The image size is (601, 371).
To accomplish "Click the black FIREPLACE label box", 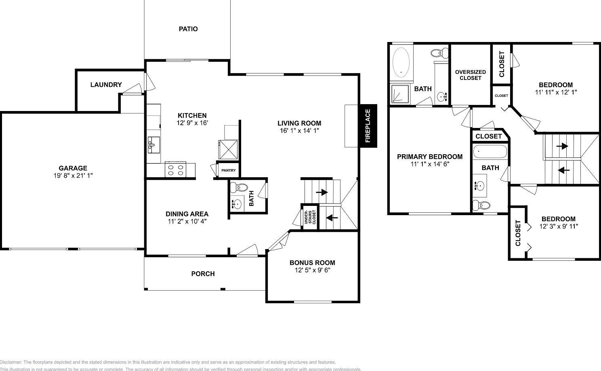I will click(x=368, y=126).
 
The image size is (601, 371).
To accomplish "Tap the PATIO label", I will click(x=188, y=29).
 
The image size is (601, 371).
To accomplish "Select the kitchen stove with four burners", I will click(x=176, y=170).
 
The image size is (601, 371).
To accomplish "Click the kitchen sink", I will click(x=153, y=144).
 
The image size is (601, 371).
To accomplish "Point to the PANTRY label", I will click(x=229, y=170).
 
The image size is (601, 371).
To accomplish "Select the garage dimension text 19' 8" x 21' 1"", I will click(x=73, y=176).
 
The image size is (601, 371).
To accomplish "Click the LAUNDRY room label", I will click(x=106, y=85).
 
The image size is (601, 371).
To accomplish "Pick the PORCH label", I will click(x=203, y=274).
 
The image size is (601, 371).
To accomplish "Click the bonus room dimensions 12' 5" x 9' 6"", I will click(x=312, y=270).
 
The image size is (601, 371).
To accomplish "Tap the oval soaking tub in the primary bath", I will click(x=401, y=62).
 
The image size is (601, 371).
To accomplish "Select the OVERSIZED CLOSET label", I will click(x=471, y=75).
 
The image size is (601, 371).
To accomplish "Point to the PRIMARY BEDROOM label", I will click(x=429, y=157).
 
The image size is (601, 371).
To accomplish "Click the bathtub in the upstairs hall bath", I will click(x=490, y=152).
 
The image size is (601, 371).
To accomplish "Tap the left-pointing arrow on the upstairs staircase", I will click(x=564, y=170).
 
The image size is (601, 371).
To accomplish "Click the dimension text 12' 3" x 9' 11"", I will click(x=559, y=226).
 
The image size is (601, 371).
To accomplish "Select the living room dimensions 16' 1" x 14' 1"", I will click(x=299, y=131).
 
